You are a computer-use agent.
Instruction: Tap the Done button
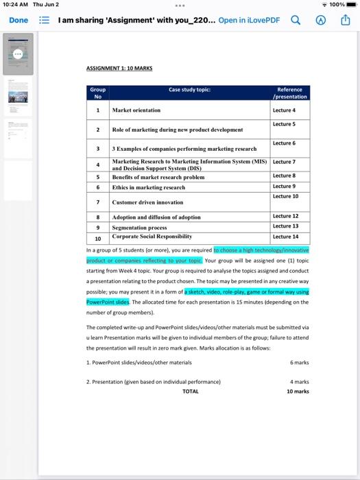point(19,20)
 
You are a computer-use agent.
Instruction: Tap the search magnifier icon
point(296,20)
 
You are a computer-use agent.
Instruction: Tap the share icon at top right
point(345,20)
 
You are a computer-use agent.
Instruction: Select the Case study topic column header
point(189,90)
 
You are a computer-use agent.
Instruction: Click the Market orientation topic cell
point(136,110)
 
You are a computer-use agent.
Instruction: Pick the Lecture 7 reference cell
point(284,162)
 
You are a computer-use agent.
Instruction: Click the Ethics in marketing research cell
point(149,187)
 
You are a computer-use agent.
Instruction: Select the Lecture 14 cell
point(285,237)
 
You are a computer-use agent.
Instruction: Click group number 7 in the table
point(98,202)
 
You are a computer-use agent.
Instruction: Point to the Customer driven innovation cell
point(147,202)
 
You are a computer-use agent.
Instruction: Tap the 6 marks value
point(300,362)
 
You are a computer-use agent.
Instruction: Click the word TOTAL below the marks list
point(191,392)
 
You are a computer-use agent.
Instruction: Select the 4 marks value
point(300,381)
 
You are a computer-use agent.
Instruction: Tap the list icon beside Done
point(45,20)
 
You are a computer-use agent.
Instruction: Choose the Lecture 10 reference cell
point(285,196)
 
